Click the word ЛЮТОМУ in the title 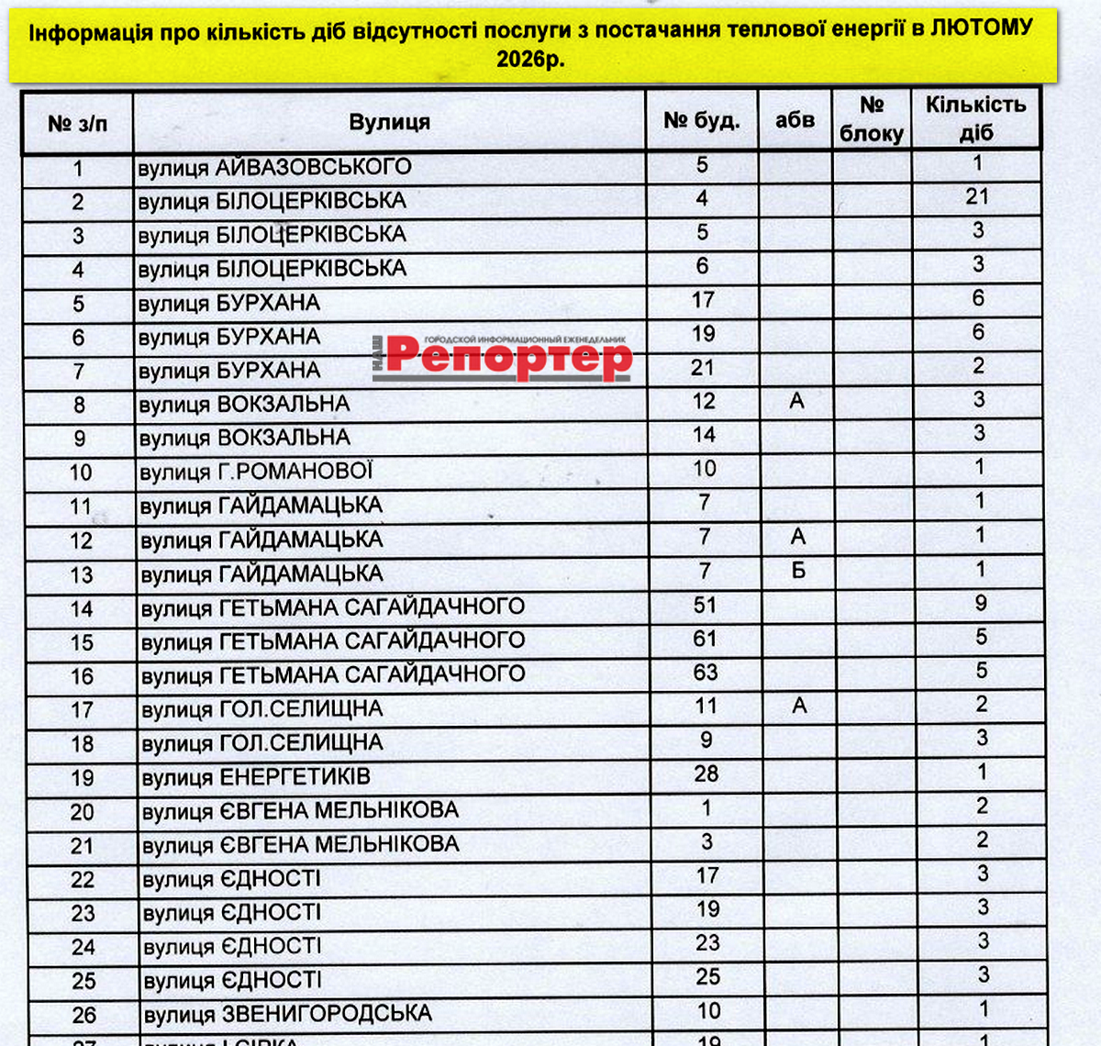[982, 28]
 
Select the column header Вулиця [389, 122]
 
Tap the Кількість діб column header [975, 118]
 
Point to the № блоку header [872, 119]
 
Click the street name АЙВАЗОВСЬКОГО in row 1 [313, 167]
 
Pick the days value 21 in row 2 [977, 196]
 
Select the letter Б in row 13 [798, 571]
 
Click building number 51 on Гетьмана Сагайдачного [705, 606]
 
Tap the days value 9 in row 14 [981, 603]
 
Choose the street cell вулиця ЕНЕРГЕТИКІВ [256, 777]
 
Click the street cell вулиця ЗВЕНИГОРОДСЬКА [287, 1014]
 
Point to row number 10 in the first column [81, 473]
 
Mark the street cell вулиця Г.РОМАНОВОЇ [256, 472]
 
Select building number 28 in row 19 [706, 773]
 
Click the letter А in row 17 [799, 706]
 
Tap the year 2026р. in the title [530, 59]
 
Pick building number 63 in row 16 [706, 673]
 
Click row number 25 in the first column [83, 981]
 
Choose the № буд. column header [702, 120]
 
